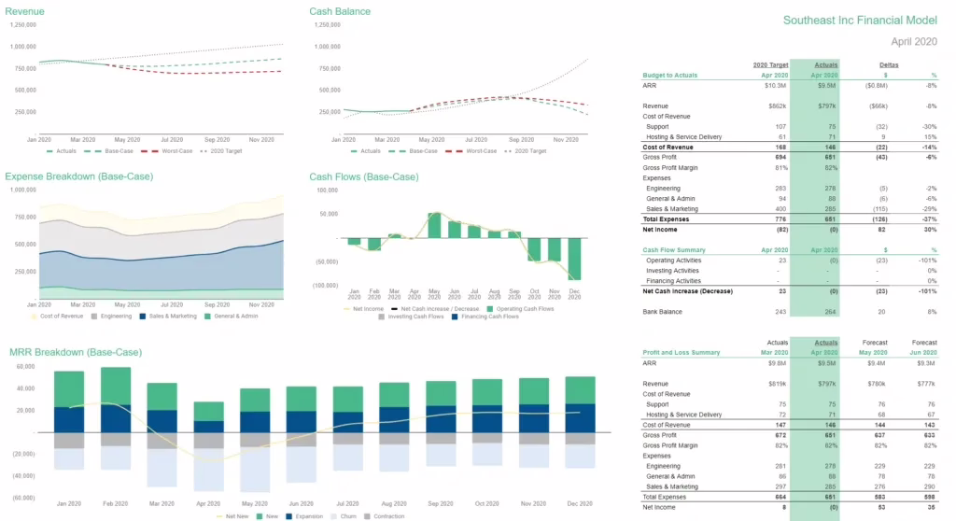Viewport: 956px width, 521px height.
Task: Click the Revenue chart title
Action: (25, 11)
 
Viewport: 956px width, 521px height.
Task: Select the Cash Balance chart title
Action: (340, 11)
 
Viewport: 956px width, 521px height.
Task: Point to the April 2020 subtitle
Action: (913, 42)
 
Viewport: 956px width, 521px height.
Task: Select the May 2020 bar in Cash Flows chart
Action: (435, 225)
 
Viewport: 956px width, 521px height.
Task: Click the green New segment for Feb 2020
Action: (116, 386)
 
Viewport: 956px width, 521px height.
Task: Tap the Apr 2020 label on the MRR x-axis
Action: (208, 503)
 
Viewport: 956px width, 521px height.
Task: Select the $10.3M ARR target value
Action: (777, 85)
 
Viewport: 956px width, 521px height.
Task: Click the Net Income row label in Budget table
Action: (661, 229)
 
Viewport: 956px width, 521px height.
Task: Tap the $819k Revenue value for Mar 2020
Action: (778, 384)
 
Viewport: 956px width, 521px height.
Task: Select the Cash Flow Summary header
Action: (674, 250)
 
